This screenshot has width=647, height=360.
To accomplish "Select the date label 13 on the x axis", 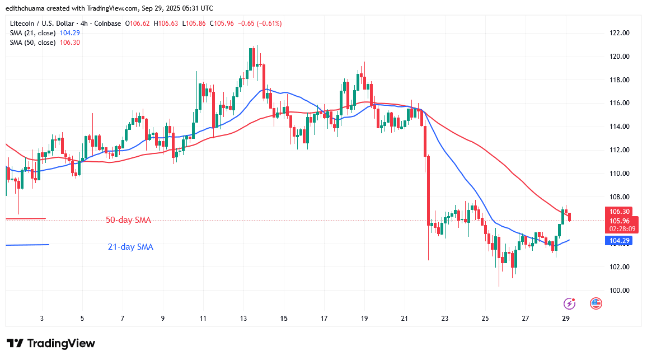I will click(x=243, y=318).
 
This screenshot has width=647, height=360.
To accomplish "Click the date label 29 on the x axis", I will click(x=566, y=318).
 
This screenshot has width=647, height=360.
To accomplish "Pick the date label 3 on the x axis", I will click(x=42, y=318).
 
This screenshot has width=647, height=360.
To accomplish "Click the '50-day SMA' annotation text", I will click(x=129, y=220).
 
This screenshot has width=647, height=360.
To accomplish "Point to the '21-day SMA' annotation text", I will click(x=130, y=247).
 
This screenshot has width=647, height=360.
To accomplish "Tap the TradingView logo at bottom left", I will click(x=51, y=343).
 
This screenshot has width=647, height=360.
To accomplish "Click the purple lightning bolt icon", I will click(x=569, y=303).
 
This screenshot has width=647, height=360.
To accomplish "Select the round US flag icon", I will click(x=596, y=303).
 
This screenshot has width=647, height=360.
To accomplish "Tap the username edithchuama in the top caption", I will click(x=27, y=8).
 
